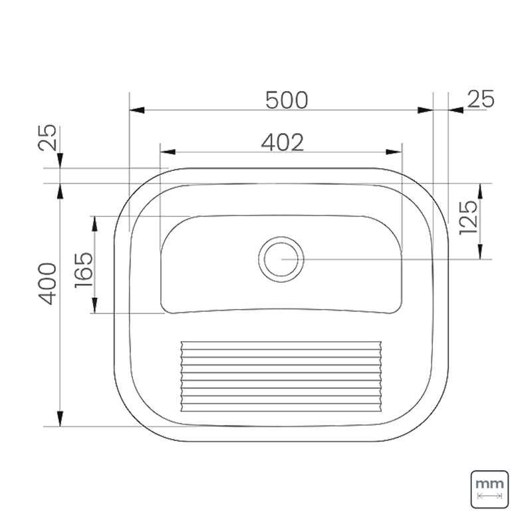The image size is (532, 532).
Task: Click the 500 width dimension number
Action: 287,100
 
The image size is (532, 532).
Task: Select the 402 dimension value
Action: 282,142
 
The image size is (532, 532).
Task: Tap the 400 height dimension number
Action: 47,283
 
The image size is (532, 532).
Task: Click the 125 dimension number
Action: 467,218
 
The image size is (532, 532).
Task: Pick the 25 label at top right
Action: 480,100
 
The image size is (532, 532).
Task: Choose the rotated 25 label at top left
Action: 47,138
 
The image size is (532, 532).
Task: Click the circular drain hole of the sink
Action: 281,259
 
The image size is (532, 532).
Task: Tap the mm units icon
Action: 489,489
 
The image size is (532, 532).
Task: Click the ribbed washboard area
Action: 282,376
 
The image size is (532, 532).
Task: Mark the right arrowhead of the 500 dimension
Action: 425,110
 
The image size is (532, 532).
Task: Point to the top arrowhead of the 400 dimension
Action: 61,192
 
